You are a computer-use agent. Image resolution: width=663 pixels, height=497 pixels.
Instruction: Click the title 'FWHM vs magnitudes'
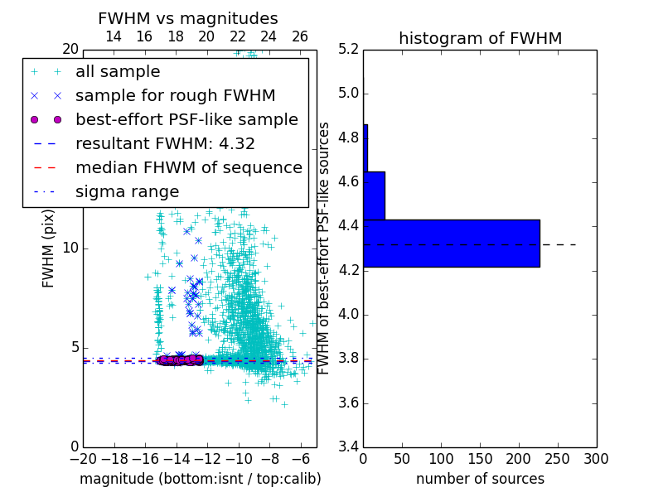tap(188, 19)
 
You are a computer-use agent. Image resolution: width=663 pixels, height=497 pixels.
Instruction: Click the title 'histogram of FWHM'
tap(480, 38)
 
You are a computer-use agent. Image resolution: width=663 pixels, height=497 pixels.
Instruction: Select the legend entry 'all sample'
tap(118, 72)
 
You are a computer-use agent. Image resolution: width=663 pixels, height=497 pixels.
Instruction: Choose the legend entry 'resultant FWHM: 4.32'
tap(165, 143)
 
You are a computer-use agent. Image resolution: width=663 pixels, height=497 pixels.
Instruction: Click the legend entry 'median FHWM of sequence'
tap(189, 167)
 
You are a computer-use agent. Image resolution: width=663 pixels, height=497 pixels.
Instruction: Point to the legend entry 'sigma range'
tap(127, 192)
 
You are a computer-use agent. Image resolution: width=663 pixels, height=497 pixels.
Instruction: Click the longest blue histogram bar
tap(452, 244)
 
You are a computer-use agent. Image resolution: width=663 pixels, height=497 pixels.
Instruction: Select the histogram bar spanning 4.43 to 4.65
tap(375, 195)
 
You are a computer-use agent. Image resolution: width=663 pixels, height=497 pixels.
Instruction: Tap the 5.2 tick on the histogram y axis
tap(350, 49)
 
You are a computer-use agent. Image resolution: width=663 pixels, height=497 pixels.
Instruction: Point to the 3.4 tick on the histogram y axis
tap(350, 447)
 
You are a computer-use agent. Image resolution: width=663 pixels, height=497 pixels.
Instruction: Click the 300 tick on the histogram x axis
tap(597, 459)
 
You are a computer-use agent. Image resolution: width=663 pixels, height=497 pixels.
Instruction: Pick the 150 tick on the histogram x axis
tap(480, 459)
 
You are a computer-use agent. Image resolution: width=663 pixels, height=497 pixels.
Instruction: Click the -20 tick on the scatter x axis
tap(83, 459)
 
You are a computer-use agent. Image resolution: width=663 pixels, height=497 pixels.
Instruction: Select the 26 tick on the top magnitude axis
tap(300, 36)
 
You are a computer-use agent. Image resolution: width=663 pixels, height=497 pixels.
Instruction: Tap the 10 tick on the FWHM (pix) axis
tap(70, 248)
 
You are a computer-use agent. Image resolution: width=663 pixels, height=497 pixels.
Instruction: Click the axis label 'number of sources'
tap(480, 479)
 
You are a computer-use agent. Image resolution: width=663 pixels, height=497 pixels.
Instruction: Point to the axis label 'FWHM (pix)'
tap(50, 248)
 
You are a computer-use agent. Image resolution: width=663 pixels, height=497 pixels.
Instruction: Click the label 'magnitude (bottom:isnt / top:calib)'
tap(200, 479)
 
